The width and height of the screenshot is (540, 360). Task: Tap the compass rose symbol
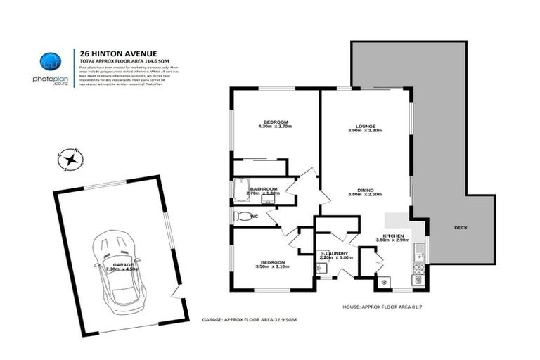[70, 160]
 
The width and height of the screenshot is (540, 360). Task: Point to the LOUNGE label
[364, 126]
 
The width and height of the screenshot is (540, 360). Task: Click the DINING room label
[364, 191]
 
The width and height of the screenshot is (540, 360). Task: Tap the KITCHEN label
[393, 236]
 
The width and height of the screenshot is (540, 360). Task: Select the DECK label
[461, 228]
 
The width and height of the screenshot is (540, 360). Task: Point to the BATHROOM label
[264, 188]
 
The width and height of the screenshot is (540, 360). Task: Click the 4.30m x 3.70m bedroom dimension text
[274, 126]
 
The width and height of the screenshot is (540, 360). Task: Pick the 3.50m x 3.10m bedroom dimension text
[271, 266]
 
